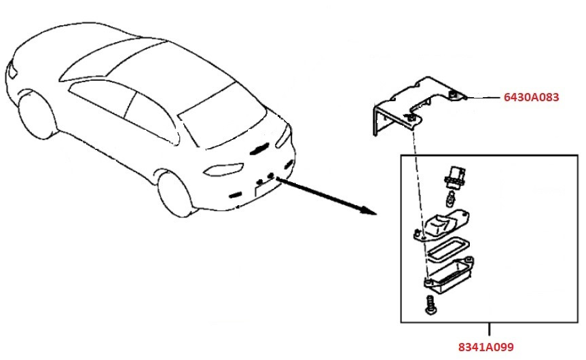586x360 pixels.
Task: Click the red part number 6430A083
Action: click(531, 97)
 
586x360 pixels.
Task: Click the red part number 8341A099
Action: click(486, 347)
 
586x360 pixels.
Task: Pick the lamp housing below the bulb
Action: click(441, 226)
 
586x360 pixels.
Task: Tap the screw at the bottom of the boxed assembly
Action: click(430, 306)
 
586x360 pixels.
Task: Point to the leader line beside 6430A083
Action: click(483, 98)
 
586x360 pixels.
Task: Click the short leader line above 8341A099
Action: click(489, 329)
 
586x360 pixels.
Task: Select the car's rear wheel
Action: click(175, 194)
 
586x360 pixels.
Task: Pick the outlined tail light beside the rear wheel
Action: click(224, 169)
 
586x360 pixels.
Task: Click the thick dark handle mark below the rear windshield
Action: click(259, 149)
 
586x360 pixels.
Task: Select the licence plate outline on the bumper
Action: click(265, 186)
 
